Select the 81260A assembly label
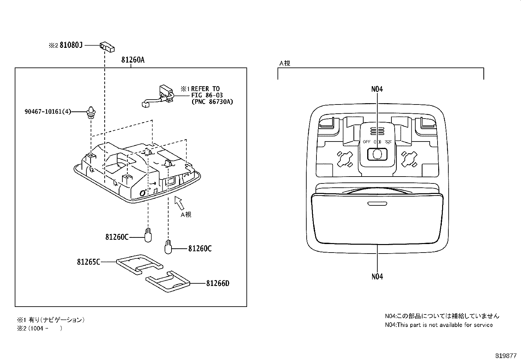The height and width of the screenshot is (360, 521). (133, 60)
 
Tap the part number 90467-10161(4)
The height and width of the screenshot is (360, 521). (48, 112)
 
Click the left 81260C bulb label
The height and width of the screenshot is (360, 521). (117, 237)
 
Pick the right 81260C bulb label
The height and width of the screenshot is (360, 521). (200, 249)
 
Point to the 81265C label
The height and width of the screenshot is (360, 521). (88, 262)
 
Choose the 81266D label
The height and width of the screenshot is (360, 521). (218, 283)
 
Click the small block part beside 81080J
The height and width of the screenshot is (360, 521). (107, 47)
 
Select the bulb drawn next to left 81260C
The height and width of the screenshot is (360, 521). (148, 235)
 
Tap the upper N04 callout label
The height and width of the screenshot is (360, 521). (377, 89)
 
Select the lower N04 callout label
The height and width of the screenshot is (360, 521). (377, 277)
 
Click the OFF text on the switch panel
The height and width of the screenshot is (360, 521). (367, 142)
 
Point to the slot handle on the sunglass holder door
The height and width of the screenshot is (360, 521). (377, 204)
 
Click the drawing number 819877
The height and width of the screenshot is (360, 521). (505, 355)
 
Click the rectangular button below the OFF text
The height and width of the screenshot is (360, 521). (377, 154)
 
